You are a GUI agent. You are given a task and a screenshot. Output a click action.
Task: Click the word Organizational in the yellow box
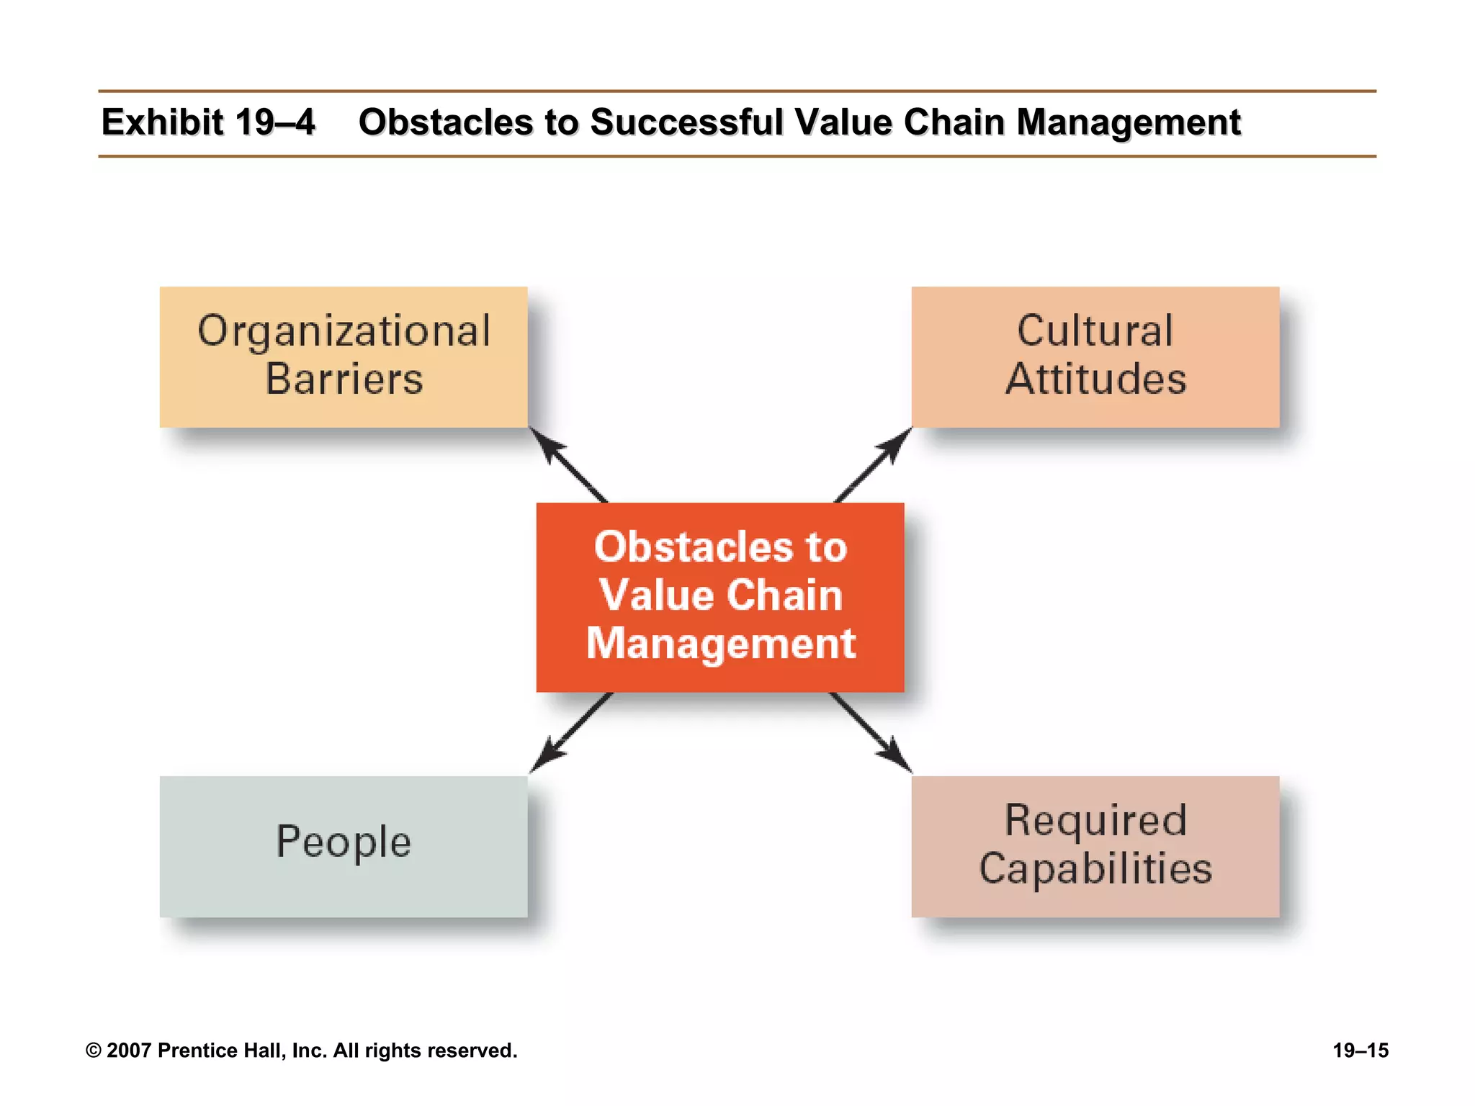(x=344, y=331)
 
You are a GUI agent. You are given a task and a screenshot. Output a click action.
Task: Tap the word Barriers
(x=344, y=379)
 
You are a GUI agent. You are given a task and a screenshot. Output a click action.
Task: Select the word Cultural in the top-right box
(x=1095, y=331)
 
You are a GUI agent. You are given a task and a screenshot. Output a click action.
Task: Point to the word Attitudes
(x=1095, y=379)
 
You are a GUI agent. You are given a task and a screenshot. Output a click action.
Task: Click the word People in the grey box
(x=344, y=841)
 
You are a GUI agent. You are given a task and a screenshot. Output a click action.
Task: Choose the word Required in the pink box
(x=1095, y=820)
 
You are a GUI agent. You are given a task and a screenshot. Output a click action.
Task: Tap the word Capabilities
(x=1095, y=868)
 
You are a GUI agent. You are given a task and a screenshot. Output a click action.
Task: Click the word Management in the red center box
(x=721, y=643)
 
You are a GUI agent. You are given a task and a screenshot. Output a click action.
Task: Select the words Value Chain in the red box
(x=721, y=595)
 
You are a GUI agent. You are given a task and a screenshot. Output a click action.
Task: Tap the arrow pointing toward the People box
(x=570, y=734)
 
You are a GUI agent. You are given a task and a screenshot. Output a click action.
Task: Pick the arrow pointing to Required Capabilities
(x=870, y=733)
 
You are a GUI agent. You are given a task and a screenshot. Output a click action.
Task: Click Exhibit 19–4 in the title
(x=207, y=122)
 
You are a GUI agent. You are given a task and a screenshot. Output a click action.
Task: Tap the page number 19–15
(x=1360, y=1051)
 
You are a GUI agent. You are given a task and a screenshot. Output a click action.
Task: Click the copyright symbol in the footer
(x=93, y=1051)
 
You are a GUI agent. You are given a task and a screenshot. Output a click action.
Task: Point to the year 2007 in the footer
(x=129, y=1051)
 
